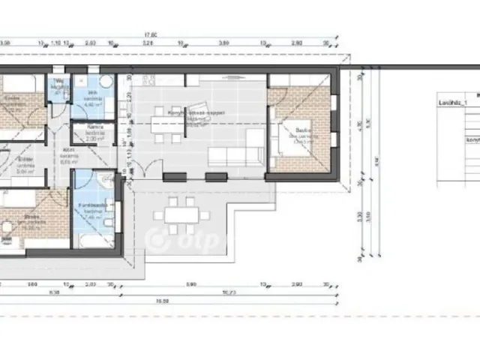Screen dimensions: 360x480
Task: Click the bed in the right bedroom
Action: click(x=294, y=140)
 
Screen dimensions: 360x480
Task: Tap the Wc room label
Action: click(x=58, y=82)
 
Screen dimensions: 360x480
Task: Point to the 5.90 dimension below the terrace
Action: click(x=191, y=285)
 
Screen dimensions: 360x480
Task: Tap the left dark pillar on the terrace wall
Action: click(x=175, y=176)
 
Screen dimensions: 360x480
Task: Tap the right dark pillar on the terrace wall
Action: click(x=216, y=176)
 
